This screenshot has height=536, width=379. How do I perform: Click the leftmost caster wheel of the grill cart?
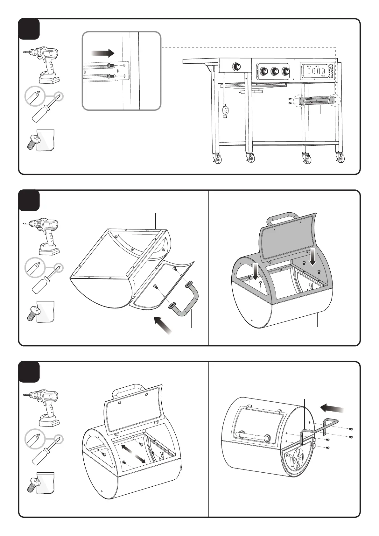[218, 159]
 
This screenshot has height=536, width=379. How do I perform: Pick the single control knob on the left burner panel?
[237, 67]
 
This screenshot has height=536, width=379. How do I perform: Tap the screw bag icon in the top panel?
[41, 140]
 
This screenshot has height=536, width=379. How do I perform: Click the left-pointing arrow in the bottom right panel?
[332, 408]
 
